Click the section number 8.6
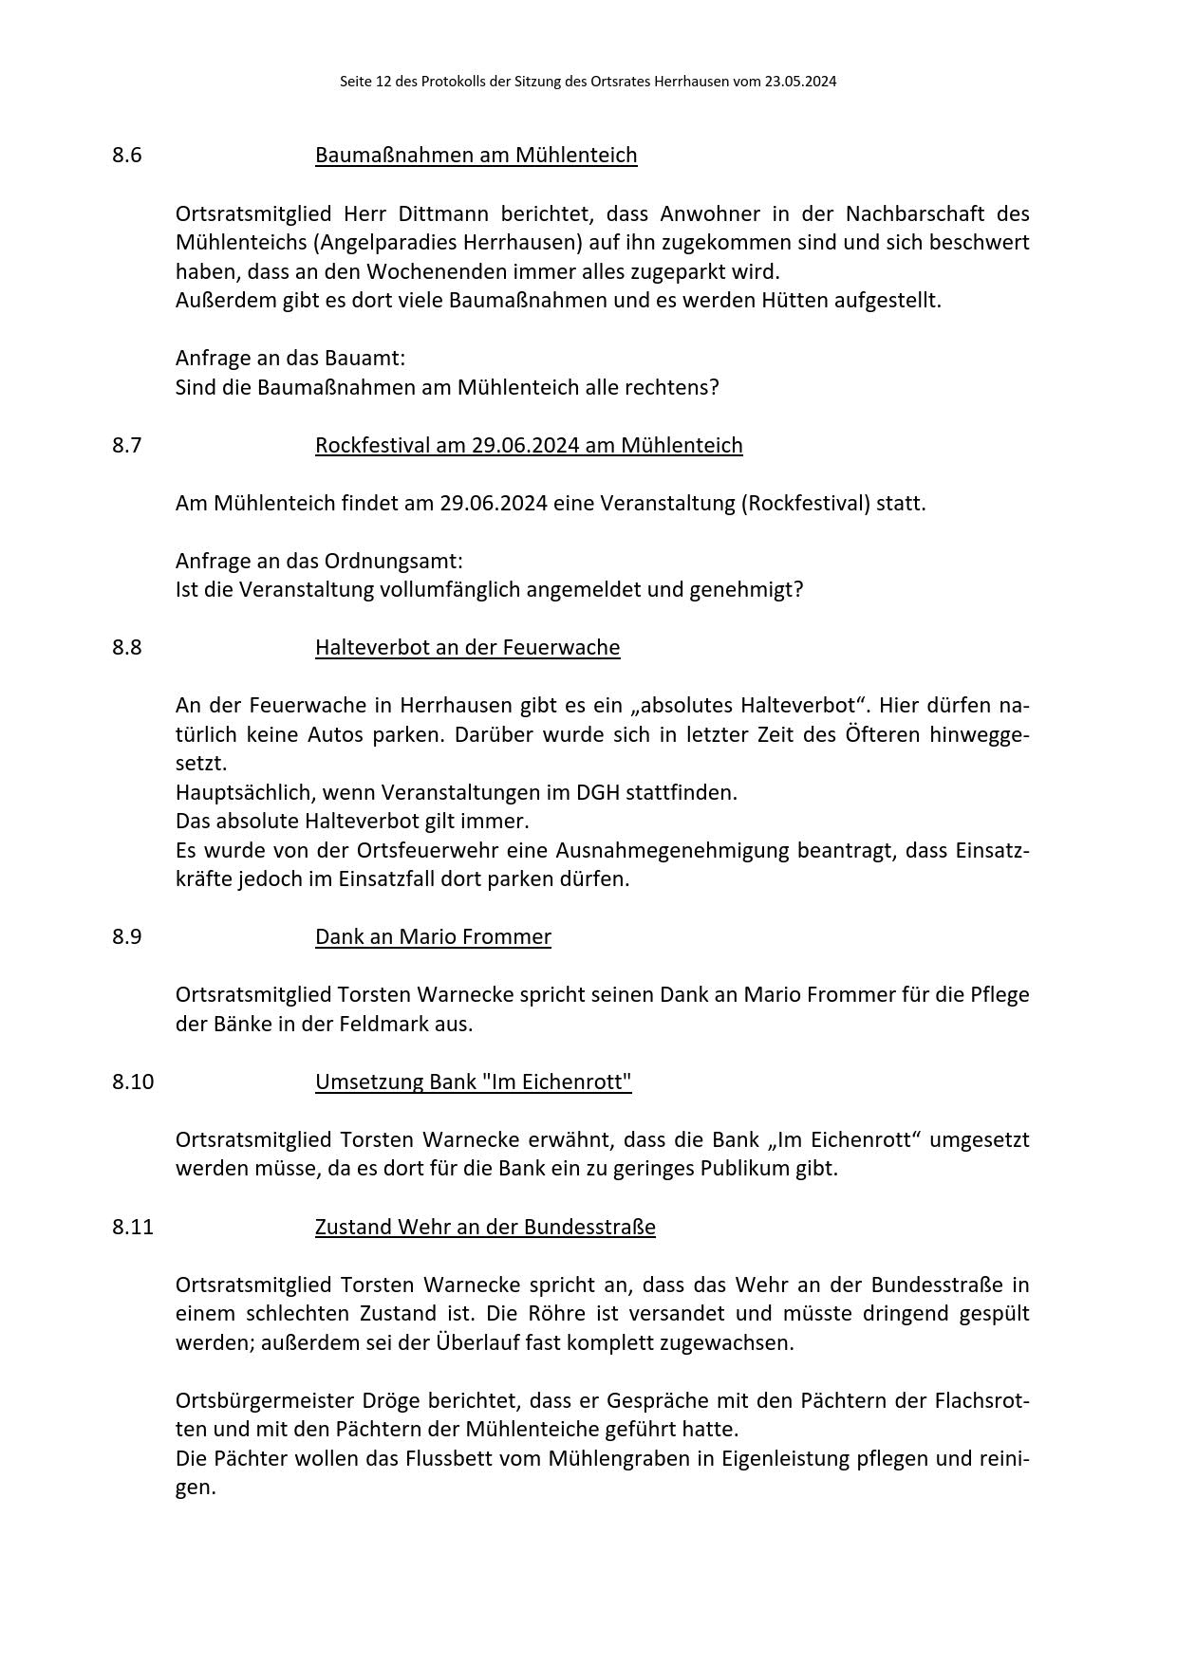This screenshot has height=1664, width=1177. (126, 155)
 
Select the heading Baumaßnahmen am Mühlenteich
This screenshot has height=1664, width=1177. (476, 155)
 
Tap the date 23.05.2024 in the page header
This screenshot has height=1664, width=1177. (800, 82)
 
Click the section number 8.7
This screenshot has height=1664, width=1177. (126, 445)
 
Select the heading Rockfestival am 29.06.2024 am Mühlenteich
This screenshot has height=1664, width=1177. (529, 445)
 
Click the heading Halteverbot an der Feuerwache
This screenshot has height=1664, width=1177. (467, 647)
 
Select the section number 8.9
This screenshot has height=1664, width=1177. (126, 936)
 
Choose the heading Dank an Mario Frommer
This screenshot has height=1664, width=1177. (433, 936)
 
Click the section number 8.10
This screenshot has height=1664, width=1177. (132, 1082)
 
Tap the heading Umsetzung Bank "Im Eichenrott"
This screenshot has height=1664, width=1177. (473, 1082)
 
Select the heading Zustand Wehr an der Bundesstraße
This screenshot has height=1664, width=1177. (485, 1227)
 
